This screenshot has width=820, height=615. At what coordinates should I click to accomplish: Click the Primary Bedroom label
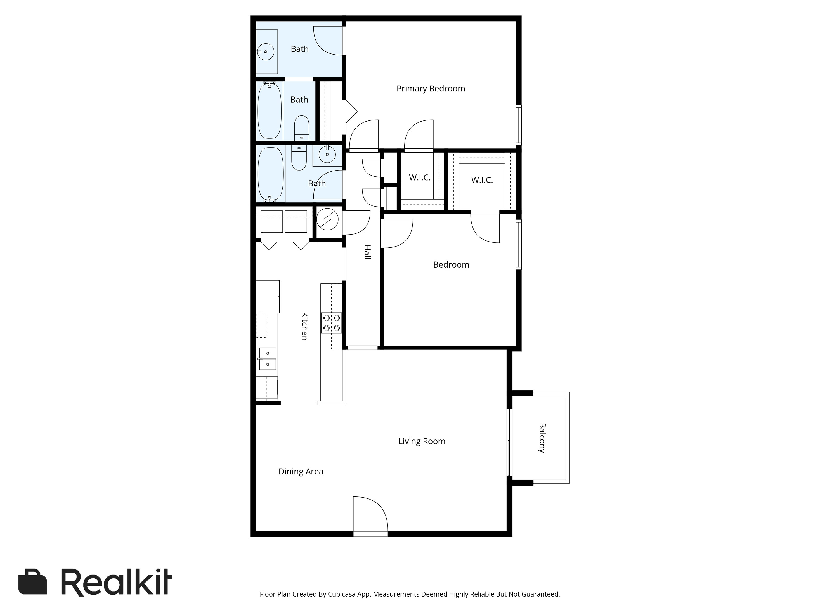pos(430,89)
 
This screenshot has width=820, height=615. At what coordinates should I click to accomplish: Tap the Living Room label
pos(422,441)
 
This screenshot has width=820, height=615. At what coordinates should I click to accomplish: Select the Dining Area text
pos(301,472)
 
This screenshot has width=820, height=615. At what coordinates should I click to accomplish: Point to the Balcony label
pos(542,438)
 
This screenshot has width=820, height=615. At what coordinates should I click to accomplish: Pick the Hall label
pos(367,252)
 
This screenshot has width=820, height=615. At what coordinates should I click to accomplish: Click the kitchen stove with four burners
pos(331,323)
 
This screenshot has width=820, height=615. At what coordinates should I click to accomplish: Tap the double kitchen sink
pos(267,359)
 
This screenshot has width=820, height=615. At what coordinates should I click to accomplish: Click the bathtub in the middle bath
pos(270,111)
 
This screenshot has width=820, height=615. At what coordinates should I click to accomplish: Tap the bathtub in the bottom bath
pos(270,174)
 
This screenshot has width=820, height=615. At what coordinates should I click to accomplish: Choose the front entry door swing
pos(370,515)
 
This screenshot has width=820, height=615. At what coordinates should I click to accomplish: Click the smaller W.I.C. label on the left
pos(420,178)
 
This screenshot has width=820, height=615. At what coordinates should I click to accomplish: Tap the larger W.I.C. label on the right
pos(482,180)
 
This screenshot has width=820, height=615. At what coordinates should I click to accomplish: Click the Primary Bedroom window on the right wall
pos(519,125)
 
